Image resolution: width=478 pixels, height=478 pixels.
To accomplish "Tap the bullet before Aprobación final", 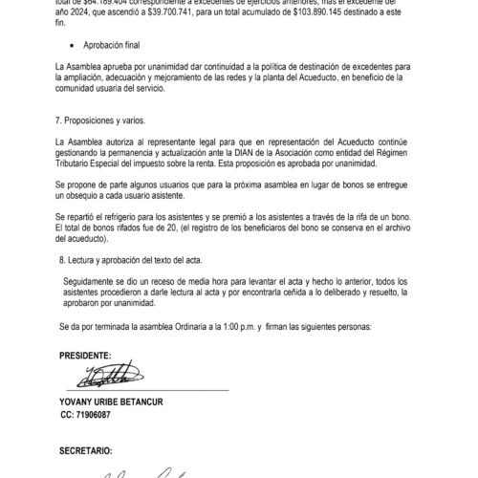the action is (75, 45).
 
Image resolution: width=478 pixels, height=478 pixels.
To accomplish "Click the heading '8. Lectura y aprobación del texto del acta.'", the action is (134, 260).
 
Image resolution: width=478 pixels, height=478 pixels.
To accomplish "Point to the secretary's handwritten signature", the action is (143, 471).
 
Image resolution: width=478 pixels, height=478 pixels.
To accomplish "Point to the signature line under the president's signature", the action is (143, 390).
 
